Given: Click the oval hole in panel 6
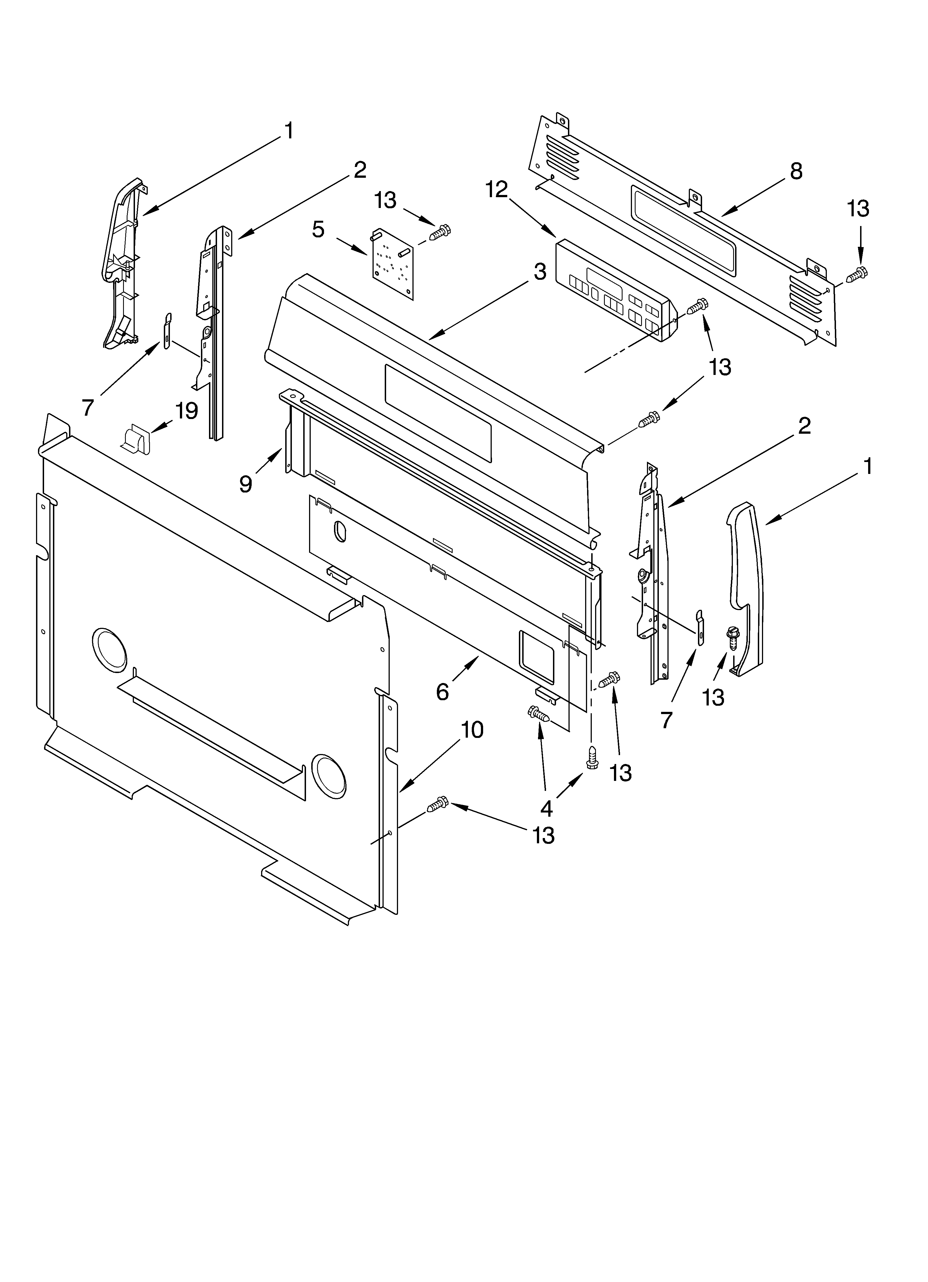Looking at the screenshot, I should (x=340, y=531).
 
